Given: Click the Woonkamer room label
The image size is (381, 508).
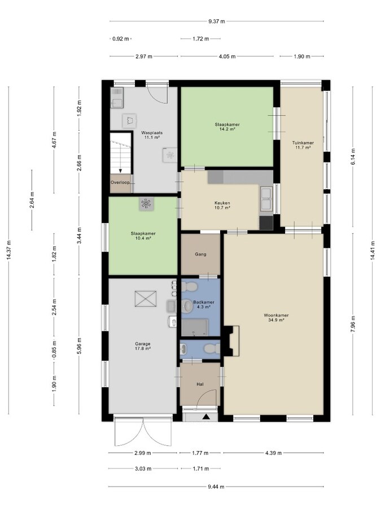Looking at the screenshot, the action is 276,315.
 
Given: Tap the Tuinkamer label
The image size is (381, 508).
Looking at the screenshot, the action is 303,143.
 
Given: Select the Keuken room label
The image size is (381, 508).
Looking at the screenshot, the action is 222,203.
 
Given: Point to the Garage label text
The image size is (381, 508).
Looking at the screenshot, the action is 143,344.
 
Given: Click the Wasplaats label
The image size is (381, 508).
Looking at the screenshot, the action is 152,133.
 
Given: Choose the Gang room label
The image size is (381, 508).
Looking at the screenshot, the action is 200,255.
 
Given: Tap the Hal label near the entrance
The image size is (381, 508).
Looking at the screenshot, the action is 200,384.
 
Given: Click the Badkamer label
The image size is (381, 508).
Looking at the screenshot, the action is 204,302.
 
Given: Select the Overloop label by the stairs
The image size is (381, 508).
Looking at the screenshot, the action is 120,182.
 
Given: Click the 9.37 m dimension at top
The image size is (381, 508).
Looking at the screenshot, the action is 217,21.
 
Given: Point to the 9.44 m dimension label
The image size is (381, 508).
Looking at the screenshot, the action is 216,487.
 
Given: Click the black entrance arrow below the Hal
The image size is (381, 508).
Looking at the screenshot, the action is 205,417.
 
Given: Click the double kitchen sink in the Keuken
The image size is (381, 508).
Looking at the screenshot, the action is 266,198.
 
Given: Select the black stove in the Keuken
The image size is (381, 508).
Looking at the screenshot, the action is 266,223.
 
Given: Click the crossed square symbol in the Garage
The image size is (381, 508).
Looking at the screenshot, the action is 146,299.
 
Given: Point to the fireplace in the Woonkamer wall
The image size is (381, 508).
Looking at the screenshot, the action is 233,340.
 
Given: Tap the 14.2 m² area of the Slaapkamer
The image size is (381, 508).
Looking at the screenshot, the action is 227,129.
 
